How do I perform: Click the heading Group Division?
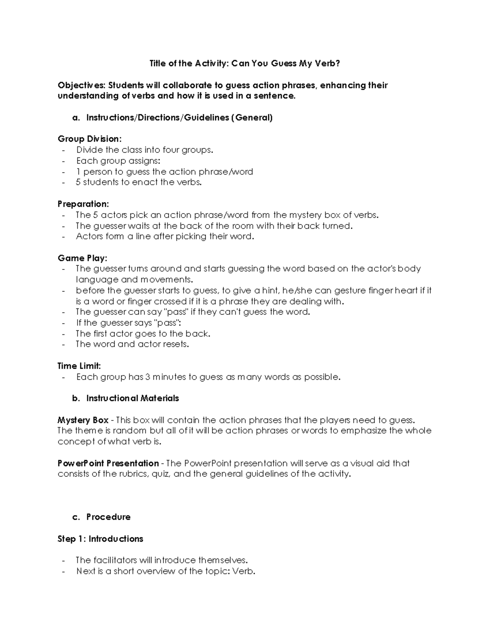[x=89, y=139]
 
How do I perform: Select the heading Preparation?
[x=83, y=204]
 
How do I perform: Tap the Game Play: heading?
[x=82, y=258]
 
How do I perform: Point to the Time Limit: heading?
[x=79, y=366]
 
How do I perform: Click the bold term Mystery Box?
[x=83, y=420]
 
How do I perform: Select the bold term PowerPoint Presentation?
[x=108, y=463]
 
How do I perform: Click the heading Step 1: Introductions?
[x=100, y=539]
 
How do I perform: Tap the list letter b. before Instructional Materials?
[x=76, y=398]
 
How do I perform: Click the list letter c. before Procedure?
[x=76, y=517]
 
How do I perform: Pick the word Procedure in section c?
[x=108, y=517]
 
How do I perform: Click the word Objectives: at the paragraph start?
[x=82, y=85]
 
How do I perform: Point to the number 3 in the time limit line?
[x=147, y=377]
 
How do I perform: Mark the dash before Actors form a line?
[x=63, y=237]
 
